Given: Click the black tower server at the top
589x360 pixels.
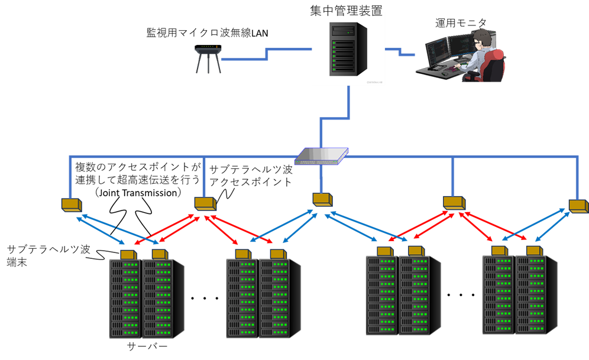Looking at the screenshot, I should click(348, 49).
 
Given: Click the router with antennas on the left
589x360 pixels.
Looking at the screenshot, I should click(208, 57).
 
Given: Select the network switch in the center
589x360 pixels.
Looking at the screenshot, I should click(321, 155).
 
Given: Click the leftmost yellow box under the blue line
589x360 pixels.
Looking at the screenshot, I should click(71, 205).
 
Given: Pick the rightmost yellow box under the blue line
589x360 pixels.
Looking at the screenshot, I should click(578, 206).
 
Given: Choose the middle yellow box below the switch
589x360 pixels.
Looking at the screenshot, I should click(322, 199).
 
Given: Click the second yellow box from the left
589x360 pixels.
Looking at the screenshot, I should click(205, 203).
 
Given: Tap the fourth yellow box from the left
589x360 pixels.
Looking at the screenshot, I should click(454, 203).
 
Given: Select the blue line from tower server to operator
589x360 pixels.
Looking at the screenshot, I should click(400, 52).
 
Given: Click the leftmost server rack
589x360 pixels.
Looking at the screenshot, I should click(124, 299).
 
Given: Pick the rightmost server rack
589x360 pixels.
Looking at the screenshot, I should click(531, 294).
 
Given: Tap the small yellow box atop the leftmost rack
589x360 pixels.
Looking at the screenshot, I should click(127, 255).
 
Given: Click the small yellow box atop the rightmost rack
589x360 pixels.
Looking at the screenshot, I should click(533, 251).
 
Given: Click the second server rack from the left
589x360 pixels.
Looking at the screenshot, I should click(157, 299).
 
